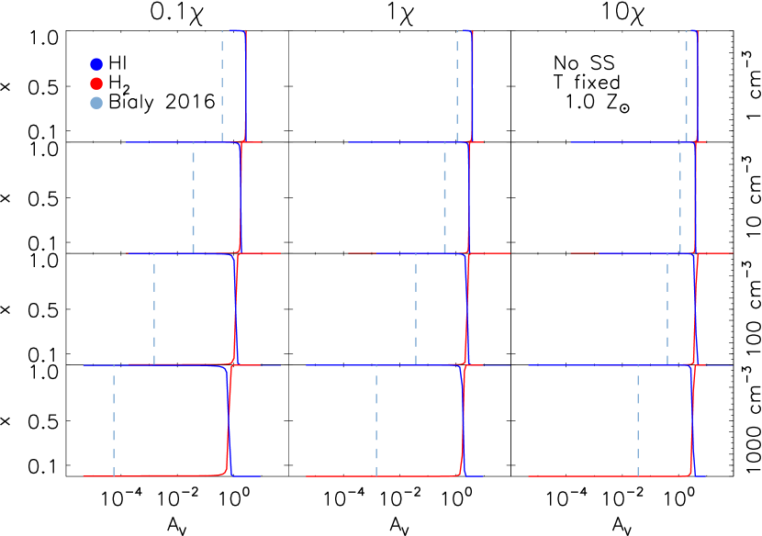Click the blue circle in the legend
pos(96,64)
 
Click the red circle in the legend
pos(96,84)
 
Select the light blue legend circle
pos(96,103)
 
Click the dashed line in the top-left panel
pos(222,87)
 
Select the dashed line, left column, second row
pos(193,198)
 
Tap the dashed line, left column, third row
pos(154,309)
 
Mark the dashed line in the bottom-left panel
pos(114,420)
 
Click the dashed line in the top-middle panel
pos(457,87)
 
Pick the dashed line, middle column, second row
pos(444,198)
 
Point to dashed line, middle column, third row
pos(416,309)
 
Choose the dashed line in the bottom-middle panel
pos(376,420)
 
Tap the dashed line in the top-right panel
pos(686,87)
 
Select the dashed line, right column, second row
pos(680,198)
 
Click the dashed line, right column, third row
pos(667,309)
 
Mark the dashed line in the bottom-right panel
pos(638,420)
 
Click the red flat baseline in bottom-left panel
pos(156,475)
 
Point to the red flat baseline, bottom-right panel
pos(597,476)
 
